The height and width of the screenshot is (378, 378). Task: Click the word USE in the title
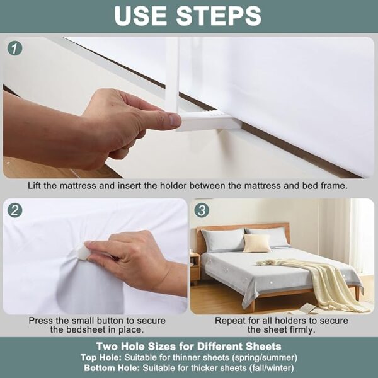pos(140,16)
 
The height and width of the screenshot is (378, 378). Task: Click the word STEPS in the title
pos(219,16)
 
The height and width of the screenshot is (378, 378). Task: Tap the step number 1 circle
pos(14,49)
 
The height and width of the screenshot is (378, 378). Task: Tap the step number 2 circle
pos(14,210)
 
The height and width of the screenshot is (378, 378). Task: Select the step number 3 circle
pos(202,210)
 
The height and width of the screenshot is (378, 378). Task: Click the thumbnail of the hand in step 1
pos(175,120)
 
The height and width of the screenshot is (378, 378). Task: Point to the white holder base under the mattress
pos(209,121)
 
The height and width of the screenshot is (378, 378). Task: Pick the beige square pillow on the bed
pos(256,243)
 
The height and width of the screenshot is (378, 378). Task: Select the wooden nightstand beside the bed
pos(195,268)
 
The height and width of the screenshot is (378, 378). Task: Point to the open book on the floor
pos(306,309)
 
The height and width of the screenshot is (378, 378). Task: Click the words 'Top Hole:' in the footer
pos(101,357)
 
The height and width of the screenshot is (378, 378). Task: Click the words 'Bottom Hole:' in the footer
pos(112,368)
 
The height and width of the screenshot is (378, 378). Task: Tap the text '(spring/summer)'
pos(264,358)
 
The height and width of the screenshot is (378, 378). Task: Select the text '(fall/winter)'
pos(271,369)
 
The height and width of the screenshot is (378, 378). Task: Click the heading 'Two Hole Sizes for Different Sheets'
pos(189,346)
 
